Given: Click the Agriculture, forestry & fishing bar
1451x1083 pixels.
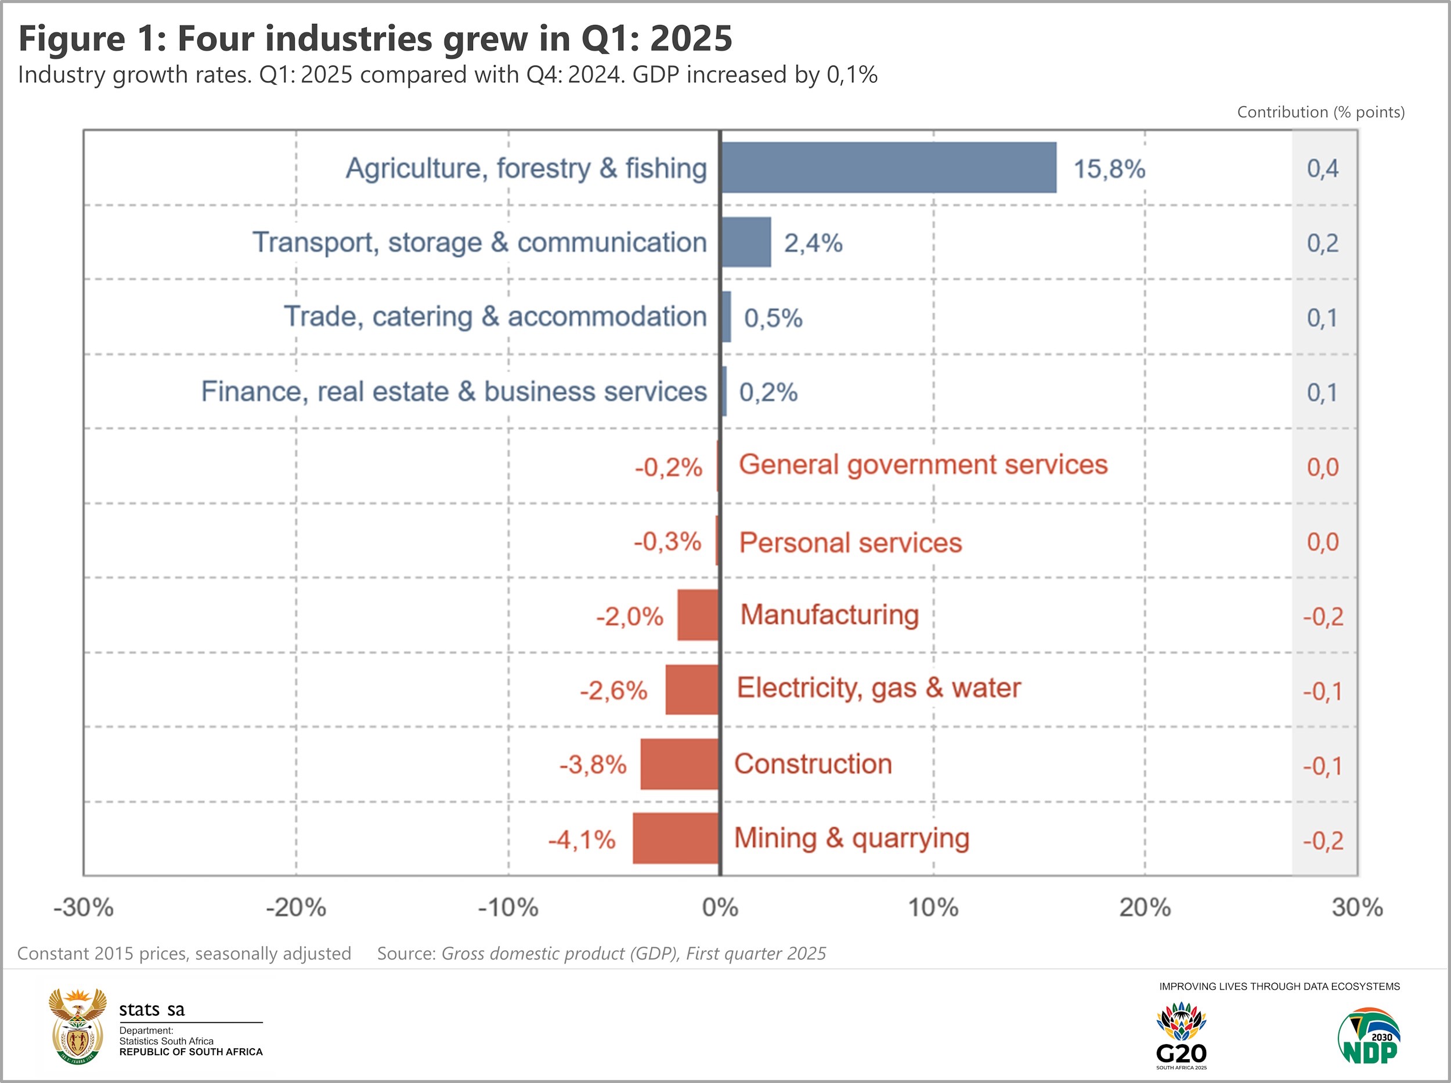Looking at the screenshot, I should pos(888,168).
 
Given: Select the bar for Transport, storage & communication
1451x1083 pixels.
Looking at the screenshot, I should pos(746,242).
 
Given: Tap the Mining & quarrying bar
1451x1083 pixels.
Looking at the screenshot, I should pos(676,838).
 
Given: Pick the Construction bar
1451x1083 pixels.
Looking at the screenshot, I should pos(680,765).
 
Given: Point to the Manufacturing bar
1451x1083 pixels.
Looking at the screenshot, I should pos(698,615).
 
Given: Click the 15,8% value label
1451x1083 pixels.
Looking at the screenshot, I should pos(1109,169).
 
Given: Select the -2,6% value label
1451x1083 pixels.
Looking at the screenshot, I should pos(613,691).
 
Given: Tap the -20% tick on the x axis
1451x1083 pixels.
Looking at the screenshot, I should pos(296,908).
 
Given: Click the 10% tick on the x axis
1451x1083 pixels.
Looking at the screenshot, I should pos(933,908).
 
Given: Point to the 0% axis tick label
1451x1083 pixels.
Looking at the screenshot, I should pos(720,908).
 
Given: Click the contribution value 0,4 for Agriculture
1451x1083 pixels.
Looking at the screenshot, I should pos(1322,169).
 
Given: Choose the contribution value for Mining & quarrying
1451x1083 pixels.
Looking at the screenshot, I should pos(1322,841).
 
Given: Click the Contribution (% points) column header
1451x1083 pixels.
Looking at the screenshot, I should pos(1320,112).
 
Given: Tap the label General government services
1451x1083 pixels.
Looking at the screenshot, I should pos(923,465).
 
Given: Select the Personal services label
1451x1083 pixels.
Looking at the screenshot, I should pos(850,543).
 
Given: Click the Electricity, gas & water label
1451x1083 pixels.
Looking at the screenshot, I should pos(879,689).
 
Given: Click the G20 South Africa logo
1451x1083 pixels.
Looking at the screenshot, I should pos(1181,1036).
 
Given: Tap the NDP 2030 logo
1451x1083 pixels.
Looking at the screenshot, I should pos(1369,1037).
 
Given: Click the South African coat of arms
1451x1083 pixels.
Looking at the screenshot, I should pos(77,1026).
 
